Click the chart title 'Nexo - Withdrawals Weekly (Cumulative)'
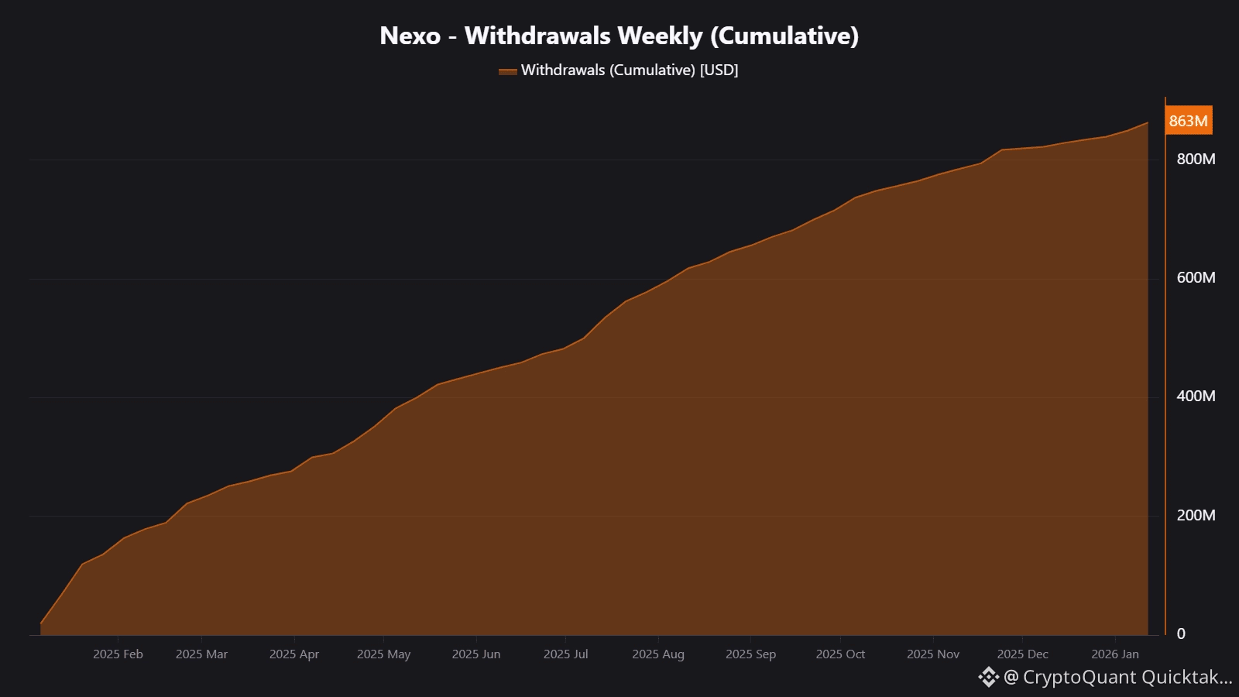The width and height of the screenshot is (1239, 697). pos(619,36)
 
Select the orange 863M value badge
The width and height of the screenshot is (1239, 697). pos(1188,121)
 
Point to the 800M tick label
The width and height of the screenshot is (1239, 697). pos(1196,159)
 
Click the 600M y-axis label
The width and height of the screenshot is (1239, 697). pos(1196,277)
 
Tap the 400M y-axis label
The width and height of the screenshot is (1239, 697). pos(1196,396)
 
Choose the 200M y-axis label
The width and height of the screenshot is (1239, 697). pos(1196,515)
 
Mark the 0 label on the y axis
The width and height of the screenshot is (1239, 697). pos(1181,633)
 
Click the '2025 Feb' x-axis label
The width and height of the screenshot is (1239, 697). pos(118,654)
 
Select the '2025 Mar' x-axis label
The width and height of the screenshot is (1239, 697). pos(201,654)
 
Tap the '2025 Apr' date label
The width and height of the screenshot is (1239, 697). pos(293,654)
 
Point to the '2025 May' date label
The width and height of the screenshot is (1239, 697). pos(383,654)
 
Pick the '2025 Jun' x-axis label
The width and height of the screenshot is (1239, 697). pos(475,654)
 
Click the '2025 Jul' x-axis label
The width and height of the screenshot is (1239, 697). pos(565,654)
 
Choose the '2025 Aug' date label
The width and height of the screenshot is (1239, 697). pos(657,654)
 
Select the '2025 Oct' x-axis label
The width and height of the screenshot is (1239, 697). pos(839,654)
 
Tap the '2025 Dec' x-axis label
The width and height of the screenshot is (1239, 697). pos(1022,654)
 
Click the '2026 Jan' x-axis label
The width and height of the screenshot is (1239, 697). pos(1114,654)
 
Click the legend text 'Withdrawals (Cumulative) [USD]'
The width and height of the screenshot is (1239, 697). pos(629,70)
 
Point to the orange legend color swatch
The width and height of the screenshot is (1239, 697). pos(507,71)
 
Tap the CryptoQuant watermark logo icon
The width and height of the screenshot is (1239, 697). pos(988,677)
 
